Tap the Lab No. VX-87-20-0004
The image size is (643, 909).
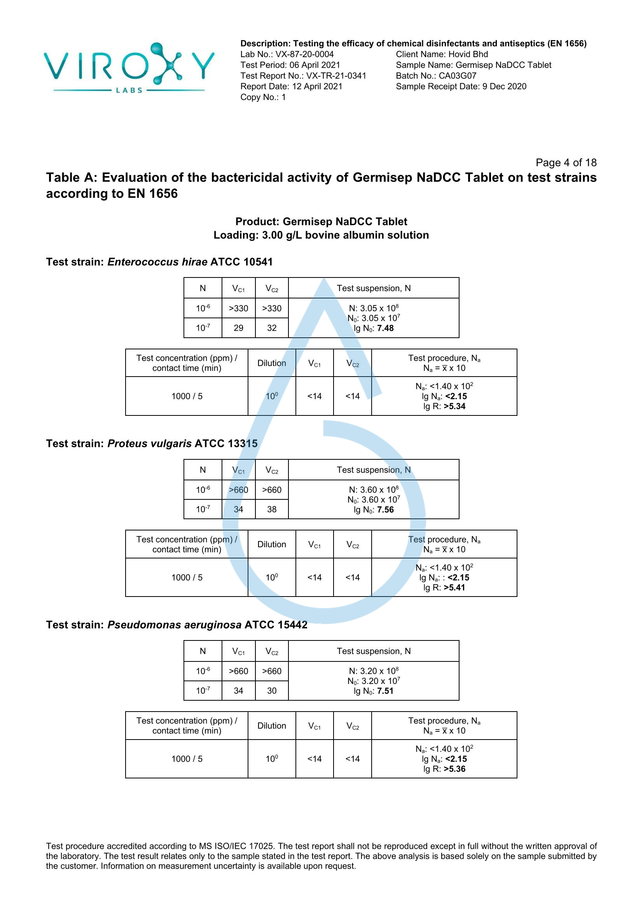(x=287, y=54)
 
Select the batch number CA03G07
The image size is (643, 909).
(x=457, y=76)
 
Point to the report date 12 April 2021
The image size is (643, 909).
(x=317, y=86)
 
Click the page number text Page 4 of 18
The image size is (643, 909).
(x=566, y=162)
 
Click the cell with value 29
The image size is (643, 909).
(x=238, y=328)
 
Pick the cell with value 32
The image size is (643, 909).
(x=272, y=328)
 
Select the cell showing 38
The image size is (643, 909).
(x=272, y=509)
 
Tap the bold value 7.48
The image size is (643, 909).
(x=385, y=328)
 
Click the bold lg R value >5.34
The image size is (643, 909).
(x=454, y=406)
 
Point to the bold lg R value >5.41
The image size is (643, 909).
(x=454, y=588)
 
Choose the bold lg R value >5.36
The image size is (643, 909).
(x=454, y=769)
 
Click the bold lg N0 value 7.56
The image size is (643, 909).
(x=385, y=509)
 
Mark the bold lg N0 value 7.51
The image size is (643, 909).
(x=385, y=691)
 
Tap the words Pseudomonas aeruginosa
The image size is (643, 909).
(x=174, y=625)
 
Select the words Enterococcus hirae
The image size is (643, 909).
(x=157, y=262)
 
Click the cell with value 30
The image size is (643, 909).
(x=272, y=691)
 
